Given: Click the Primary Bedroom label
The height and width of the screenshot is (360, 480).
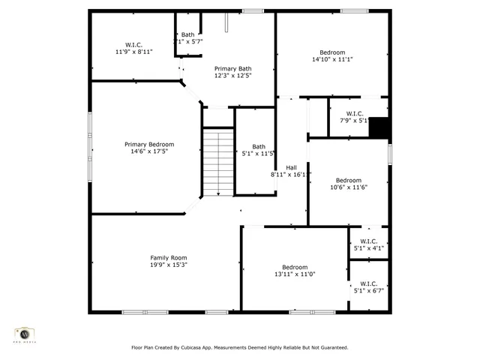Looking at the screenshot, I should click(x=149, y=144).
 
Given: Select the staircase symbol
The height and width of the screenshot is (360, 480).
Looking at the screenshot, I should click(x=218, y=162).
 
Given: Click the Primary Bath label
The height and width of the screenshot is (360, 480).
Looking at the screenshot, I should click(x=233, y=67).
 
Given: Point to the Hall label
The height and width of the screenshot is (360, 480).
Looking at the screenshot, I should click(x=291, y=167).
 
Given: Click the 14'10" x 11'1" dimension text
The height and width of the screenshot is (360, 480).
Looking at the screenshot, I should click(x=332, y=59).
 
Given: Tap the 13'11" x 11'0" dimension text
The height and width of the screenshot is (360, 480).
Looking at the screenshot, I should click(x=295, y=274).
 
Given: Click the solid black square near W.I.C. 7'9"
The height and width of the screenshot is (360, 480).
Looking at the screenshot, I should click(x=380, y=128).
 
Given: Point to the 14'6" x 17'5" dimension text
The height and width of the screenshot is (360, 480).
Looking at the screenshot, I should click(x=149, y=151).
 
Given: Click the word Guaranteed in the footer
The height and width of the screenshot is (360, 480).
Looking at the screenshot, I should click(x=330, y=347).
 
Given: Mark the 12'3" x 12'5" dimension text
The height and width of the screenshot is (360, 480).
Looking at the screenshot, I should click(x=233, y=75).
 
